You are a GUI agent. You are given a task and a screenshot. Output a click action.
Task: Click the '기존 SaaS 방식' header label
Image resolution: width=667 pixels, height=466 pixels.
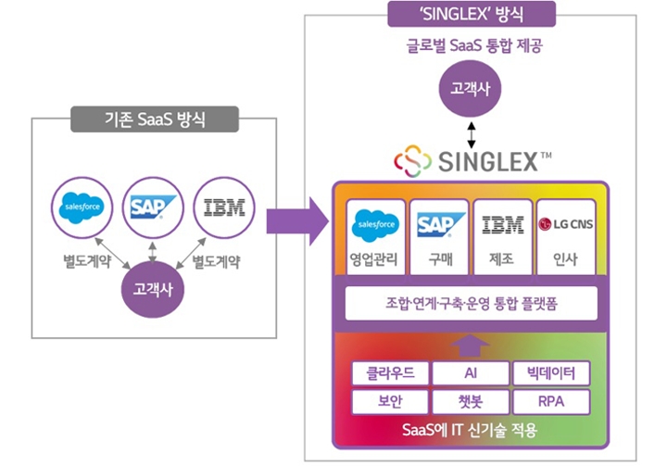[154, 119]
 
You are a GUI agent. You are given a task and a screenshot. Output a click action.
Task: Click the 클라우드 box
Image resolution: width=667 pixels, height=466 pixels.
[389, 373]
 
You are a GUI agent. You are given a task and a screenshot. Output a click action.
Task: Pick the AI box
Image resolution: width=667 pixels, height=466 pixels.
[470, 373]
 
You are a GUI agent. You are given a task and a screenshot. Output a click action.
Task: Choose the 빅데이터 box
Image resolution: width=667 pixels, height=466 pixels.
[550, 373]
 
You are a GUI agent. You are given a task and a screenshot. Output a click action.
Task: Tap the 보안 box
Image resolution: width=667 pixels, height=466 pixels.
[389, 402]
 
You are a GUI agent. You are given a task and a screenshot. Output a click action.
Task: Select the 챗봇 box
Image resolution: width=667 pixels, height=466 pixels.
[470, 402]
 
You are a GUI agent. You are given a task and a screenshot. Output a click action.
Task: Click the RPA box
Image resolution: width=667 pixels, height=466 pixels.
[550, 402]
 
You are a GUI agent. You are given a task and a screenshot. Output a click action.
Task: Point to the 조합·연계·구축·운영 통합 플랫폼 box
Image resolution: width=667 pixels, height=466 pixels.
[471, 303]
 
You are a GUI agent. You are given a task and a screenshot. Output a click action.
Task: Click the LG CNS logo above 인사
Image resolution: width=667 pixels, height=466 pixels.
[566, 224]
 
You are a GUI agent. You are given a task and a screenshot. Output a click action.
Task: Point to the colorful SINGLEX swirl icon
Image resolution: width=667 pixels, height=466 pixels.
[412, 161]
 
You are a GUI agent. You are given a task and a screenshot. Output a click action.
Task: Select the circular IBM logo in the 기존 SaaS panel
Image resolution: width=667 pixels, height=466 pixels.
[223, 207]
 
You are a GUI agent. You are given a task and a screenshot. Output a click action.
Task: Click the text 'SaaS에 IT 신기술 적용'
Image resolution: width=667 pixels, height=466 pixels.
[471, 431]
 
